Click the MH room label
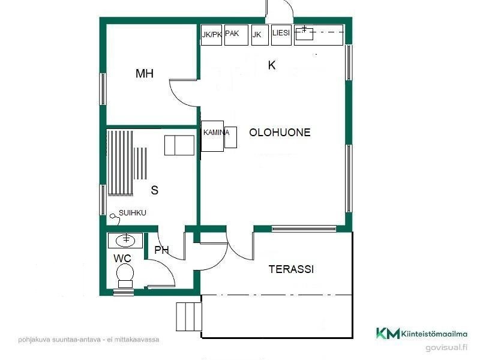coord(145,73)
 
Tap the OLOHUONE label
coord(280,132)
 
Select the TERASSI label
coord(291,269)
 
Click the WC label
coord(122,259)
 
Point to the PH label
coord(161,250)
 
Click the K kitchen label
coord(272,65)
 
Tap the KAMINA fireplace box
coord(212,136)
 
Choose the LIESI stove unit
coord(281,35)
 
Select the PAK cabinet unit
coord(236,35)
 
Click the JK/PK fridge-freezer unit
coord(211,35)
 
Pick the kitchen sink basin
coord(304,34)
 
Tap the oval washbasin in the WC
coord(125,240)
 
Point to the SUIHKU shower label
coord(132,213)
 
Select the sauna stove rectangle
coord(179,145)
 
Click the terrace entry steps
coord(189,317)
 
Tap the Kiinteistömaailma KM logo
coord(422,333)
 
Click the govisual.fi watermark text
coord(446,347)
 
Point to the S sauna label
coord(155,190)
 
